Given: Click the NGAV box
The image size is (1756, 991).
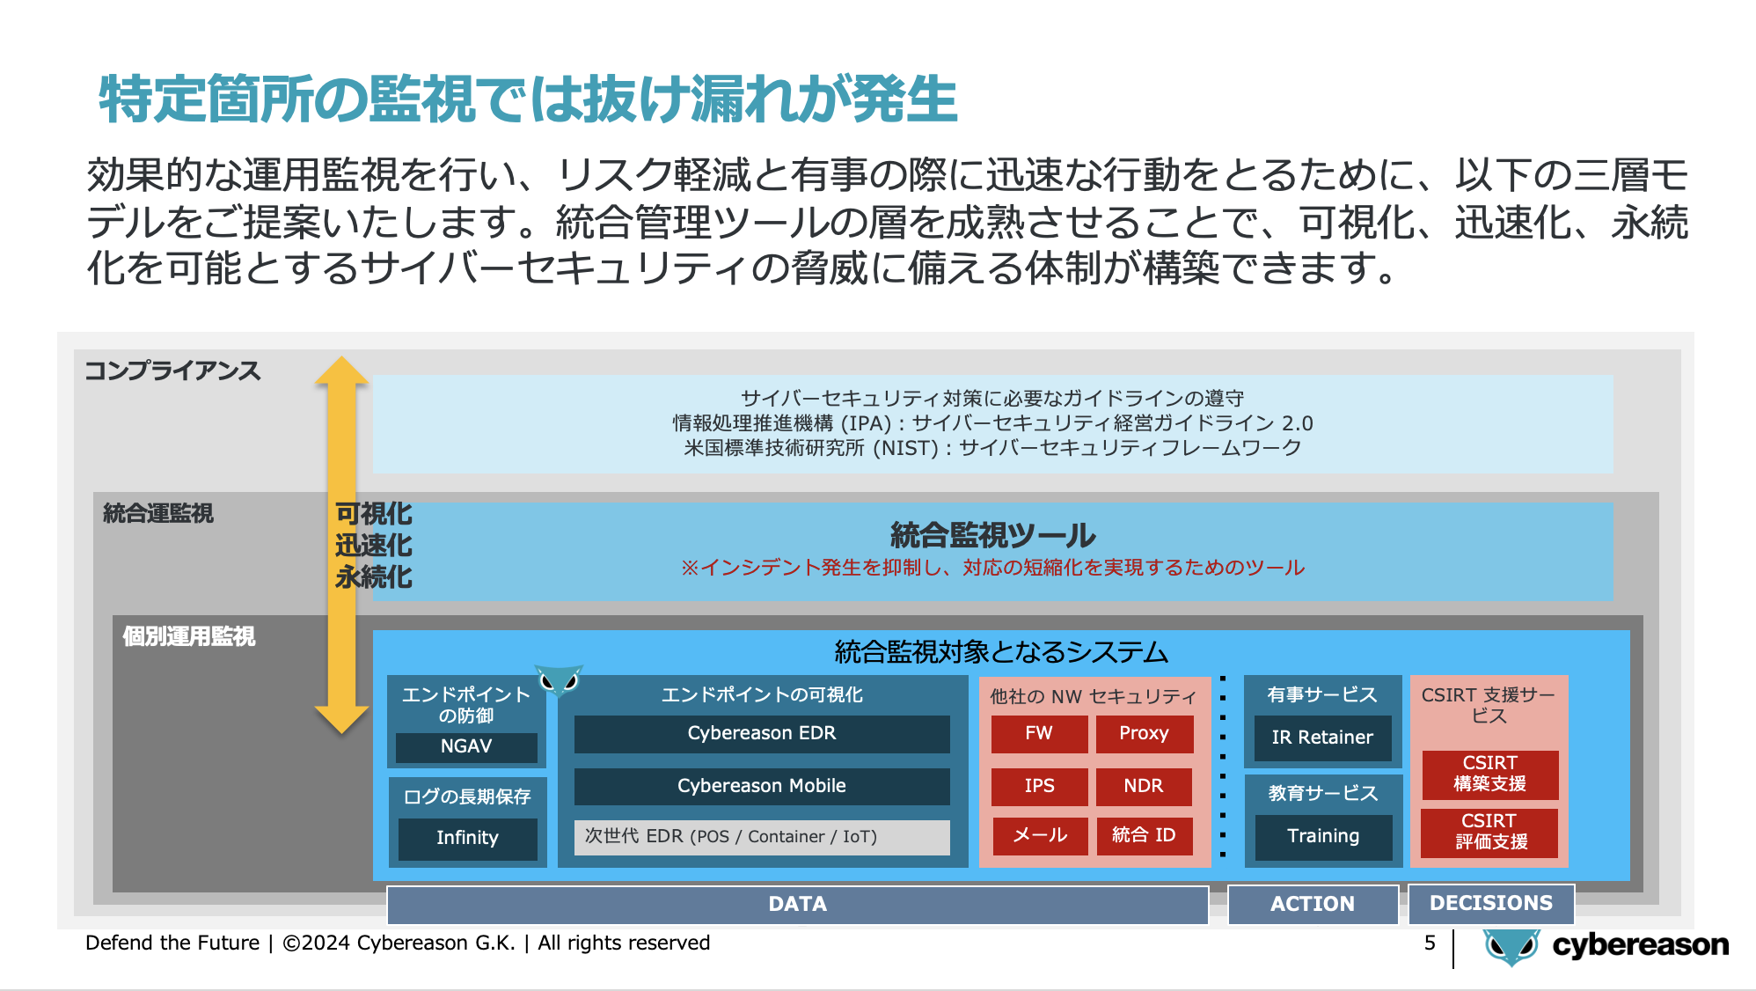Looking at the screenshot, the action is pyautogui.click(x=466, y=746).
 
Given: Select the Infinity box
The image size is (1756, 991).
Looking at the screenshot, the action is pyautogui.click(x=467, y=838).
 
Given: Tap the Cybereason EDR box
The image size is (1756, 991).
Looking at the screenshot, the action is pyautogui.click(x=762, y=733).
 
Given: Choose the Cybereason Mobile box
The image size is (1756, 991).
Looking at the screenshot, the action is pyautogui.click(x=762, y=786).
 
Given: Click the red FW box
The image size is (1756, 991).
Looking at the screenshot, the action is pyautogui.click(x=1039, y=733).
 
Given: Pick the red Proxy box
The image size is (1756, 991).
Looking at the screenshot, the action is pyautogui.click(x=1144, y=733).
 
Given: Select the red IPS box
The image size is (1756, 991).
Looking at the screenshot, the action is pyautogui.click(x=1039, y=786).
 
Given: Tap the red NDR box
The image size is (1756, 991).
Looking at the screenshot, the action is pyautogui.click(x=1144, y=786).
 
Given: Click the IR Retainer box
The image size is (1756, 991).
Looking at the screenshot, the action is pyautogui.click(x=1322, y=738).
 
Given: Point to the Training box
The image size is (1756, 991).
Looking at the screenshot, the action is pyautogui.click(x=1323, y=836).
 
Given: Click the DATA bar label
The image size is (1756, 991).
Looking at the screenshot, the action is pyautogui.click(x=798, y=904).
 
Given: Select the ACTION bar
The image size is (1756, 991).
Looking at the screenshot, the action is pyautogui.click(x=1313, y=904).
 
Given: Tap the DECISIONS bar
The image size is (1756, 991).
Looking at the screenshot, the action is pyautogui.click(x=1491, y=903).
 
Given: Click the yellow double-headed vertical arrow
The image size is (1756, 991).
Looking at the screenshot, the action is pyautogui.click(x=341, y=545).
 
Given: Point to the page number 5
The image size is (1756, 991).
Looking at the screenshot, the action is pyautogui.click(x=1430, y=943).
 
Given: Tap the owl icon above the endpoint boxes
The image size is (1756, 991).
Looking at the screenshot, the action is pyautogui.click(x=560, y=680).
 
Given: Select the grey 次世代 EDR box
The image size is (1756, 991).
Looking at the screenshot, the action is pyautogui.click(x=762, y=837).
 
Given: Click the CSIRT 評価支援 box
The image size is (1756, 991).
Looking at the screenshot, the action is pyautogui.click(x=1490, y=832).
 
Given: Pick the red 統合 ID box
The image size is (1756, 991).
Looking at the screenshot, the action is pyautogui.click(x=1144, y=835).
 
